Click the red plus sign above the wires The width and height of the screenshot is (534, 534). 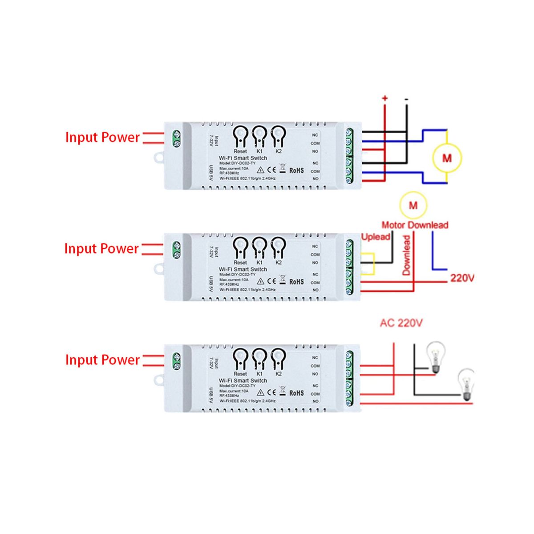pos(385,98)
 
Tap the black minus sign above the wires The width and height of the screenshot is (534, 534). pos(406,99)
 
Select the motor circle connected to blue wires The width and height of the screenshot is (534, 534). pos(447,158)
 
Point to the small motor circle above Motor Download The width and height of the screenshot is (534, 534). pos(413,205)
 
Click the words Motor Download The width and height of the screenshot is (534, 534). pos(415,225)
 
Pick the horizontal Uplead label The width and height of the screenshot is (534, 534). pos(376,237)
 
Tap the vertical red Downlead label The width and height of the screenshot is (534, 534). pos(406,255)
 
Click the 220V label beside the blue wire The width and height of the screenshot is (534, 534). pos(462,278)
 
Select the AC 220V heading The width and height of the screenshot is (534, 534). pos(401,323)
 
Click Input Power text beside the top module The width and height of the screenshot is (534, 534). pos(102,137)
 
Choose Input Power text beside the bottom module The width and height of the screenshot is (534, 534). pos(102,360)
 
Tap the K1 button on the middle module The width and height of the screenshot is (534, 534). pos(259,246)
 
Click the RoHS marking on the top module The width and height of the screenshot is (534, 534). pos(296,170)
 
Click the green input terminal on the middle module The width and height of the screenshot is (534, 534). pos(176,250)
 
